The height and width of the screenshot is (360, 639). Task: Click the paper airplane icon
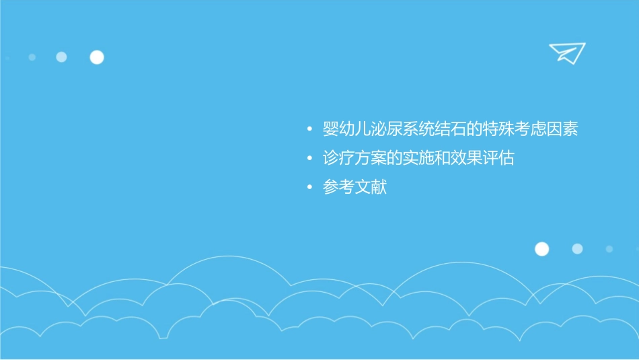click(566, 52)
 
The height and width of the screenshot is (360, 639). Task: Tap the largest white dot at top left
click(97, 57)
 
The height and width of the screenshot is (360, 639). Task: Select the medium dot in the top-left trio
click(61, 57)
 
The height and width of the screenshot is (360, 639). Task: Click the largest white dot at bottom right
click(541, 249)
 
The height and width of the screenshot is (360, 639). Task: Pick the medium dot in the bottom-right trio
click(577, 249)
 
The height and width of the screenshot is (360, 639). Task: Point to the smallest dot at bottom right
click(609, 249)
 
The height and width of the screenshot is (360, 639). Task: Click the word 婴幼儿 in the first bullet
click(347, 129)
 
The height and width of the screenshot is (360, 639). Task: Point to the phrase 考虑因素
click(548, 129)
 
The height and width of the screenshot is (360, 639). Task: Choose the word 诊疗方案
click(354, 158)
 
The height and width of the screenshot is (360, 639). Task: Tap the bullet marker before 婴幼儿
click(309, 129)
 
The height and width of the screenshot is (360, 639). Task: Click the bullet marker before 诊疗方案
click(309, 159)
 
